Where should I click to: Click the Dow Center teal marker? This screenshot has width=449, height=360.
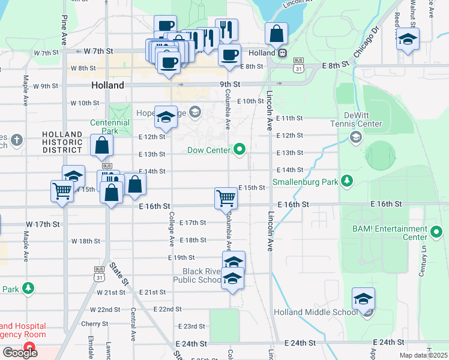tap(240, 149)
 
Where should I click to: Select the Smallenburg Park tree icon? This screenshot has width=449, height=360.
tap(346, 181)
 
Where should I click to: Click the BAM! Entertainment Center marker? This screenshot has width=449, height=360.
tap(436, 232)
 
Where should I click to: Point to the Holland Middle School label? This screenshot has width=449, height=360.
tap(316, 312)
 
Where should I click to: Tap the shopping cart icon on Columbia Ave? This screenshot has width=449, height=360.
tap(226, 197)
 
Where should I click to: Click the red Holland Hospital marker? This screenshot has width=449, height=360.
tap(28, 347)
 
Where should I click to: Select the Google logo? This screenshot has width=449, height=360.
tap(20, 353)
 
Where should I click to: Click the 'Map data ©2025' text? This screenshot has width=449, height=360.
tap(423, 355)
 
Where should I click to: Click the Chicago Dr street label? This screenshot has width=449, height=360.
tap(367, 43)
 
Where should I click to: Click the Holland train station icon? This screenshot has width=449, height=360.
tap(281, 53)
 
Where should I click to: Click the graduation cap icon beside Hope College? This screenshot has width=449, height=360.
tap(166, 116)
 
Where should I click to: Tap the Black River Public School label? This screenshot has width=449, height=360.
tap(198, 275)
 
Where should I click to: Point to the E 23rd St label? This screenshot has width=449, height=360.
tap(191, 326)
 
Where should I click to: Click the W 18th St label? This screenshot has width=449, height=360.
tap(85, 241)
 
